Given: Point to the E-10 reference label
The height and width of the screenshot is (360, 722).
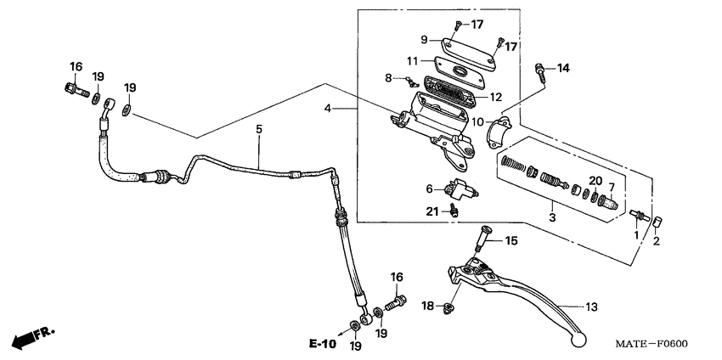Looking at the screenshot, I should (322, 344).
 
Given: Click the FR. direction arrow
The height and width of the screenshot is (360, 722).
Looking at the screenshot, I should (31, 337).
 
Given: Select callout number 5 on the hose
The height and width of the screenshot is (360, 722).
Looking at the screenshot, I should (260, 129).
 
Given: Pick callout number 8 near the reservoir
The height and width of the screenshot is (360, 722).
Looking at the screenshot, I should (388, 77).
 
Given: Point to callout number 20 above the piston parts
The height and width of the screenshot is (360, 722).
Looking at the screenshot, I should (595, 181).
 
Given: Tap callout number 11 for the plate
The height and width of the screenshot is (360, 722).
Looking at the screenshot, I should (412, 61).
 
